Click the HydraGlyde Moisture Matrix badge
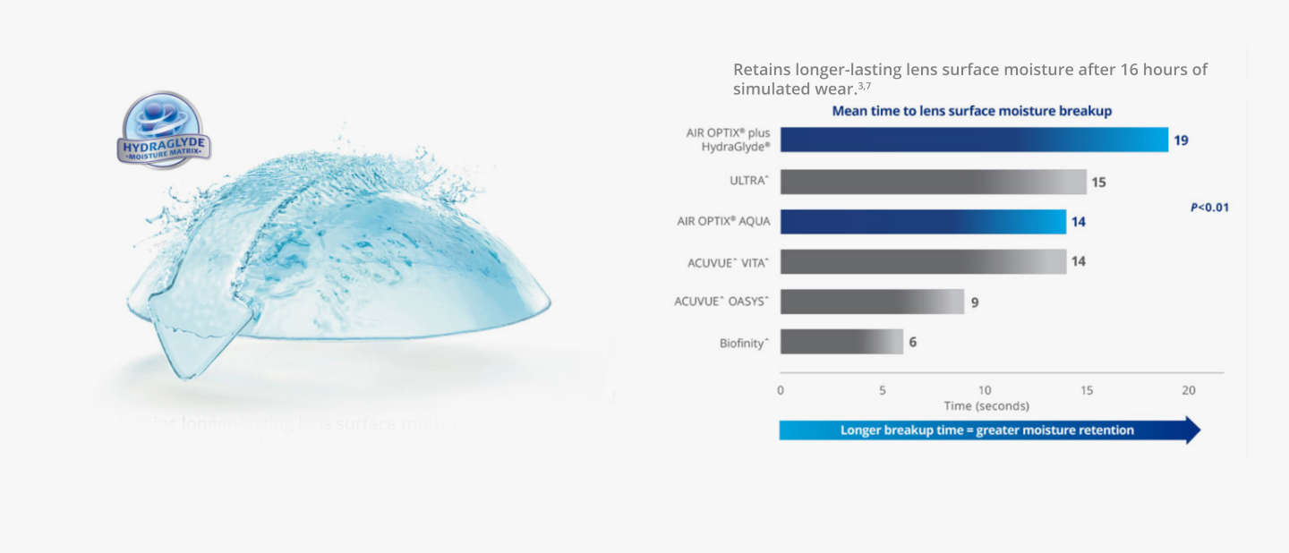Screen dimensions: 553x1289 tap(164, 131)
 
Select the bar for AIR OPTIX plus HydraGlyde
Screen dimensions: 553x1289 tap(974, 140)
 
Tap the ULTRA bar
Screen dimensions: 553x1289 tap(933, 182)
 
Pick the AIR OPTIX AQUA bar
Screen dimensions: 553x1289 tap(923, 222)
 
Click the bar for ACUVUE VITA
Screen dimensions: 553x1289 tap(923, 261)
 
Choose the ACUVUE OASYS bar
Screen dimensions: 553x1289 tap(872, 302)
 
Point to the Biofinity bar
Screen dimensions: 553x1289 tap(841, 342)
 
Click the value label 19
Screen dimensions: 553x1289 tap(1181, 140)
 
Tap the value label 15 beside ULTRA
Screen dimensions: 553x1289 tap(1098, 183)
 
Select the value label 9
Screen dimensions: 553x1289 tap(975, 302)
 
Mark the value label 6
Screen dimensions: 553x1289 tap(913, 342)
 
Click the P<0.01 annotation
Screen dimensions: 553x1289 tap(1209, 208)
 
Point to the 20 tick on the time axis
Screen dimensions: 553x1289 tap(1189, 390)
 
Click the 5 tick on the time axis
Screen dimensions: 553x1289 tap(883, 390)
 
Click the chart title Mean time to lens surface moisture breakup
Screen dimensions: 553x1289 tap(971, 111)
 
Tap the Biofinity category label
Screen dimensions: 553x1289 tap(744, 343)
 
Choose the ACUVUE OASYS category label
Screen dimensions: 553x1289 tap(721, 302)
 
